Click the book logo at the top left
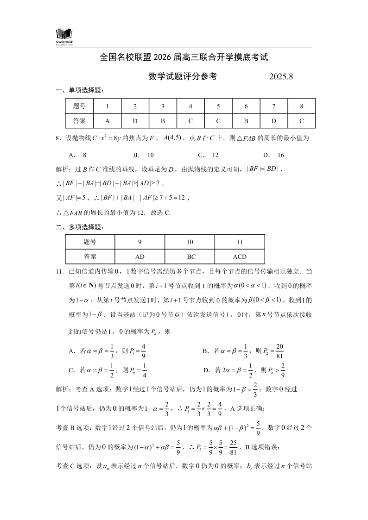click(x=64, y=35)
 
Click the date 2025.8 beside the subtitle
click(x=281, y=77)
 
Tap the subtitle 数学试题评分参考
click(x=183, y=77)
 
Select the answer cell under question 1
click(x=107, y=120)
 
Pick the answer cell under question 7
click(x=274, y=120)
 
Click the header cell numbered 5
click(x=218, y=106)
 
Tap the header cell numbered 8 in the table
click(x=302, y=106)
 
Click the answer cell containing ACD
click(x=240, y=257)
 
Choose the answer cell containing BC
click(x=190, y=257)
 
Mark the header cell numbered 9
click(x=140, y=242)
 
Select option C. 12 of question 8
click(x=208, y=155)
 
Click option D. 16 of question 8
click(x=273, y=155)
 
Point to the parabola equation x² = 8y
click(x=107, y=138)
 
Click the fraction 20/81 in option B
click(x=279, y=351)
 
